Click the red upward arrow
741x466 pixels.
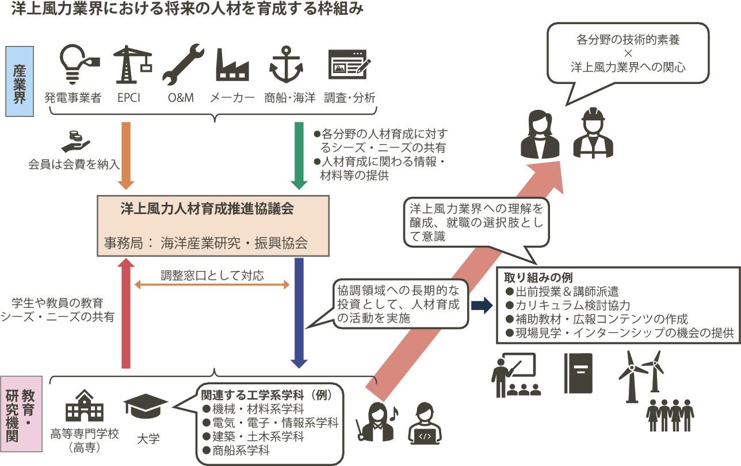point(125,314)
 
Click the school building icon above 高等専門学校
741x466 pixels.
point(85,405)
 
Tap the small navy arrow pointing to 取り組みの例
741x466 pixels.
point(482,305)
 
